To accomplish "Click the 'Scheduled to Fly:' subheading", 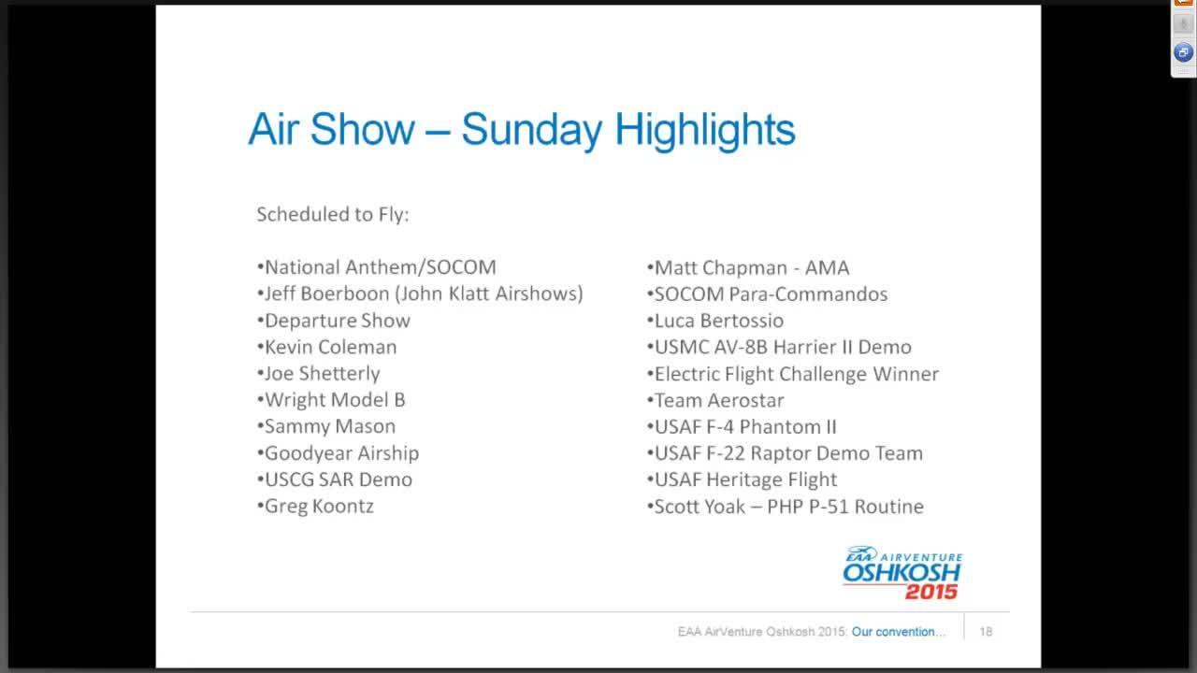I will point(333,214).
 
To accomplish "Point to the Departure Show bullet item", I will point(336,321).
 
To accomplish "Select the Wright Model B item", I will point(333,400).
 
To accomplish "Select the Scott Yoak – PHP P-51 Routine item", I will point(786,507).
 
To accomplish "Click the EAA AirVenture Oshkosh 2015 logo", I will point(901,572).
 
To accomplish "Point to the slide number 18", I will point(986,632).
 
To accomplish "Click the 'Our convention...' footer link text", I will point(899,632).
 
